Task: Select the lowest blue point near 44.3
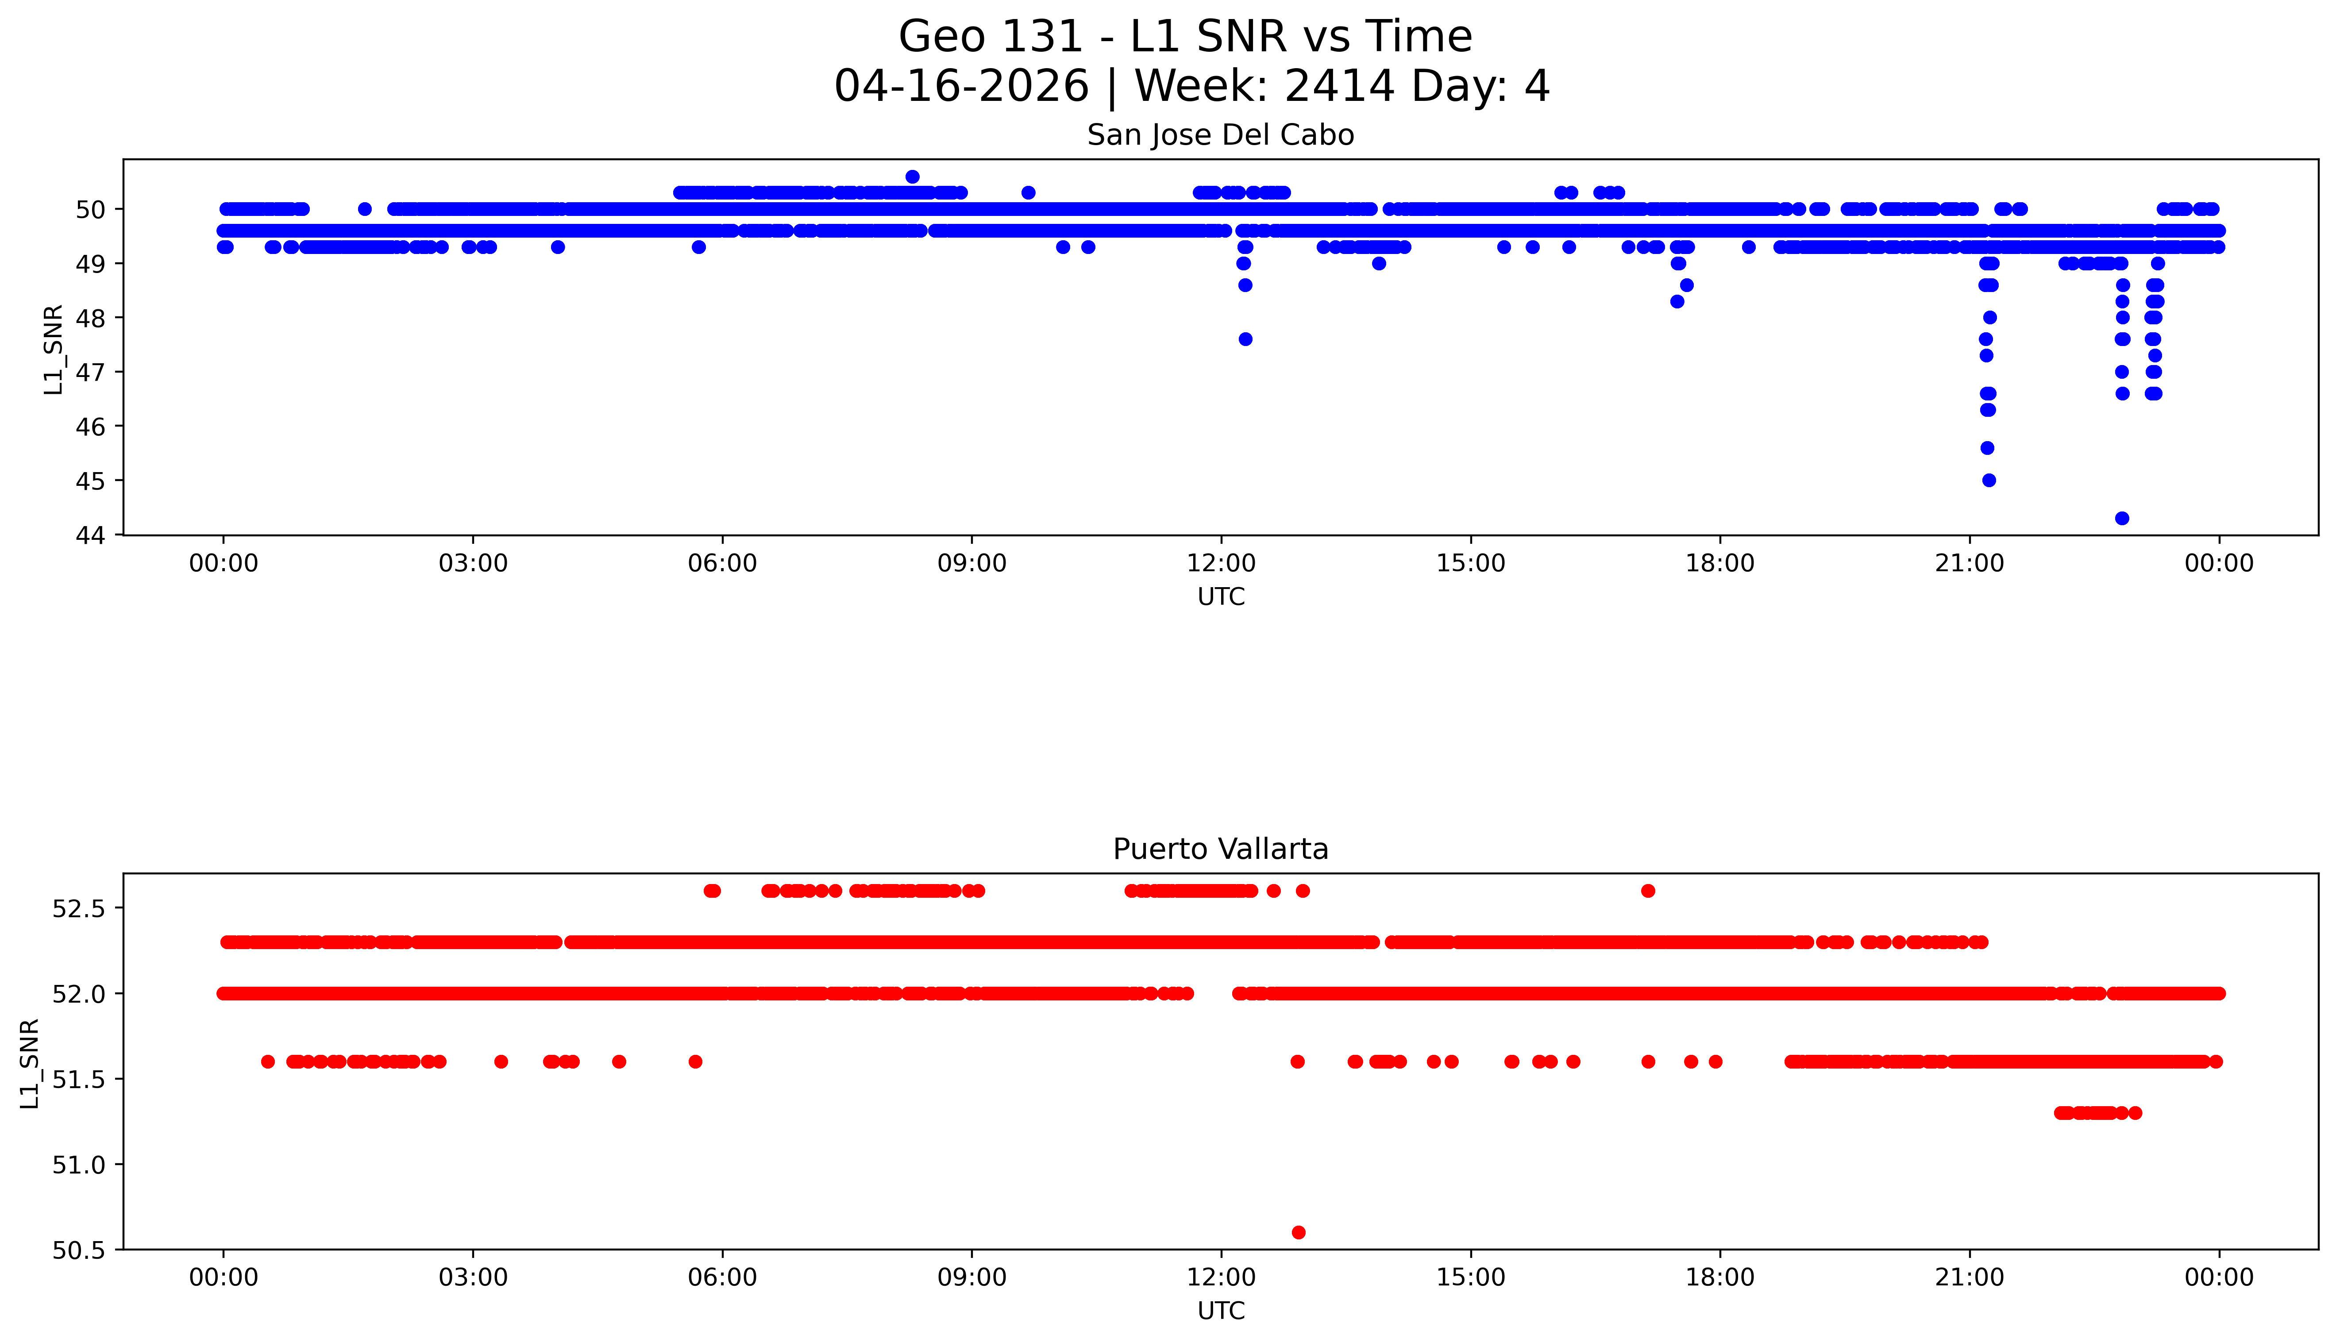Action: coord(2121,518)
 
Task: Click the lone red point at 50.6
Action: coord(1298,1232)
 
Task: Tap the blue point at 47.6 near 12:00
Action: coord(1245,339)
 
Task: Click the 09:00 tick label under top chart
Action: coord(971,563)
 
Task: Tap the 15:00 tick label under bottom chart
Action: coord(1470,1277)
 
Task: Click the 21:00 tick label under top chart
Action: coord(1969,563)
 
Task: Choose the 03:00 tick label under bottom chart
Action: coord(473,1277)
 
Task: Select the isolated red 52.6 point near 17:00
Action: coord(1647,890)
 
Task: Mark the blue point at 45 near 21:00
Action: coord(1989,480)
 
